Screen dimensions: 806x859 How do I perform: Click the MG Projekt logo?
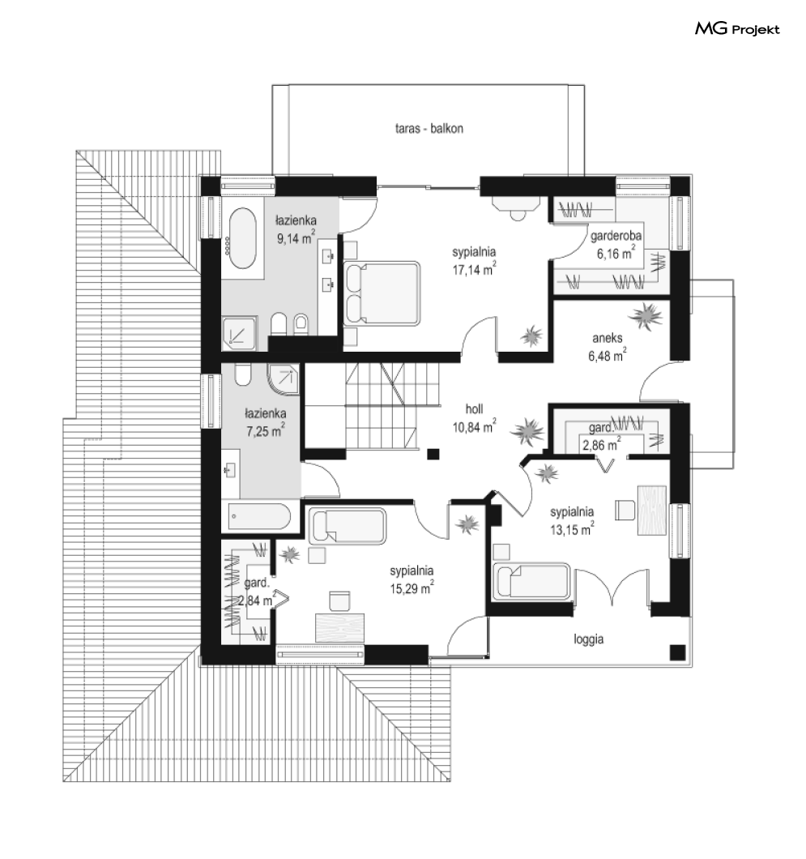pos(737,28)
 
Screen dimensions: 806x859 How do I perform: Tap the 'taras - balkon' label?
pos(429,128)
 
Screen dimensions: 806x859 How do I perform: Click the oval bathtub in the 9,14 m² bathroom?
pos(242,238)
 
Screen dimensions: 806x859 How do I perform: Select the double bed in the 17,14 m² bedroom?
pos(382,293)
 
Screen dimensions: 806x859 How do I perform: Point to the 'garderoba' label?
pos(616,236)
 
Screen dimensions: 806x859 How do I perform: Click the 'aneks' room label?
pos(608,338)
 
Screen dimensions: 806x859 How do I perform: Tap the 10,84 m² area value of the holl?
pos(474,427)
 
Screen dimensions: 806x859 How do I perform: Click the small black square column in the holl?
pos(433,454)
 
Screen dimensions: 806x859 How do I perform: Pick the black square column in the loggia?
pos(678,652)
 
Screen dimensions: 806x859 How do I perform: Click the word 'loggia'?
pos(589,639)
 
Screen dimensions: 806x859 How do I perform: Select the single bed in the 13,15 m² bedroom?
pos(531,581)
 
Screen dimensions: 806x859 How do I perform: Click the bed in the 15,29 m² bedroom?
pos(348,527)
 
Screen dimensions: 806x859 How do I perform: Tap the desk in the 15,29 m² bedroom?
pos(340,627)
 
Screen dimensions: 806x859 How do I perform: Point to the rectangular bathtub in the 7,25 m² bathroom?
pos(259,516)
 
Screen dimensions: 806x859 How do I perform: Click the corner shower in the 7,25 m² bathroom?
pos(284,379)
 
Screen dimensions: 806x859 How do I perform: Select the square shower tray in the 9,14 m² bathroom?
pos(239,334)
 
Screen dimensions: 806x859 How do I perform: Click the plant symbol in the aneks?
pos(646,317)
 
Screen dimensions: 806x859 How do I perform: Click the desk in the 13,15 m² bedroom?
pos(652,510)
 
